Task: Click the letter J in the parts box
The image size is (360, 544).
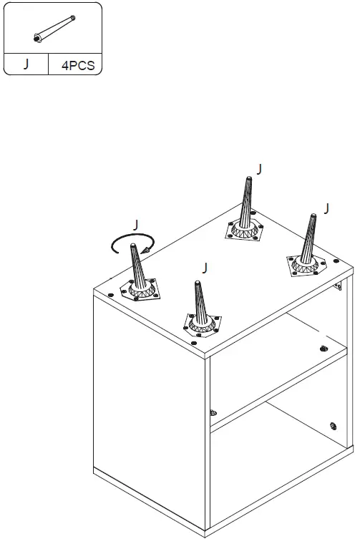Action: (x=26, y=63)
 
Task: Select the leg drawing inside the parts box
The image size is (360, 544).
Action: (x=54, y=29)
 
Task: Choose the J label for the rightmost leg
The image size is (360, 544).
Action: (x=326, y=209)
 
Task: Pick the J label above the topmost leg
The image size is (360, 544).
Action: (x=259, y=169)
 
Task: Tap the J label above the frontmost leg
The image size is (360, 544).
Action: (x=205, y=268)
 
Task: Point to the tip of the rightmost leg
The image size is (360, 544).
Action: (x=311, y=217)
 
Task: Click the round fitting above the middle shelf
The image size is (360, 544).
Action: (x=324, y=348)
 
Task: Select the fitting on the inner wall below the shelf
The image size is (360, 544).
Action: (x=213, y=413)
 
